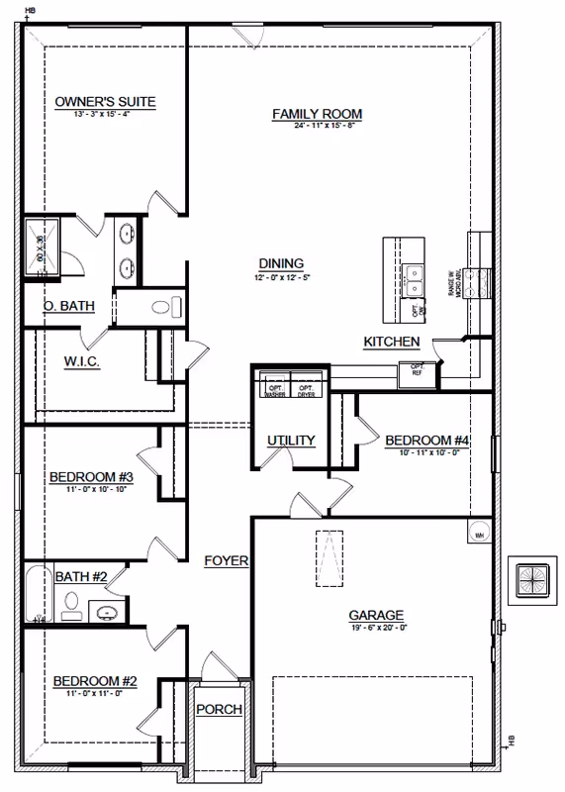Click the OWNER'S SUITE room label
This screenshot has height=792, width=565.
106,101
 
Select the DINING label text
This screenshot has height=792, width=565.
280,262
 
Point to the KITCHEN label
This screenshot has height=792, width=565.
392,342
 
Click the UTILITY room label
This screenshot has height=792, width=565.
291,441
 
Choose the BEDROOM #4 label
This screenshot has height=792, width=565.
425,440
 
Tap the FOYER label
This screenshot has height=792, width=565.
226,560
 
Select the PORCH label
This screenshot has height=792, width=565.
219,709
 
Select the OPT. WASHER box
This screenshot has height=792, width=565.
275,389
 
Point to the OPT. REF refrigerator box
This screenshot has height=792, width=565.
411,372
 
